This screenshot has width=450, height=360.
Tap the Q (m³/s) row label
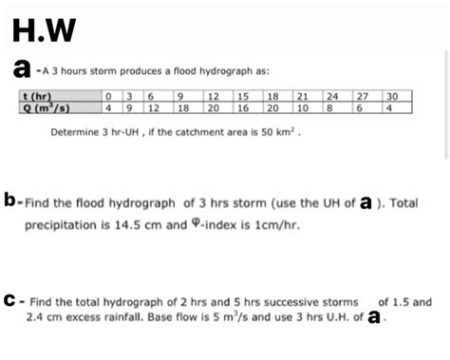(x=41, y=107)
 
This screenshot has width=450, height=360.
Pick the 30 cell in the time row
(x=393, y=96)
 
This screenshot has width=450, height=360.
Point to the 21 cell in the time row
(x=304, y=96)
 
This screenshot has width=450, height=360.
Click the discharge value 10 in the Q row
(x=303, y=107)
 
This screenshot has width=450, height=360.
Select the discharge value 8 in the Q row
(x=329, y=107)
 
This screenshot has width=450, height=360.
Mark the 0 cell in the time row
(x=111, y=96)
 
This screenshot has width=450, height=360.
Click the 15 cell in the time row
(x=243, y=96)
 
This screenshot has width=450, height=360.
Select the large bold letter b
(x=11, y=201)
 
